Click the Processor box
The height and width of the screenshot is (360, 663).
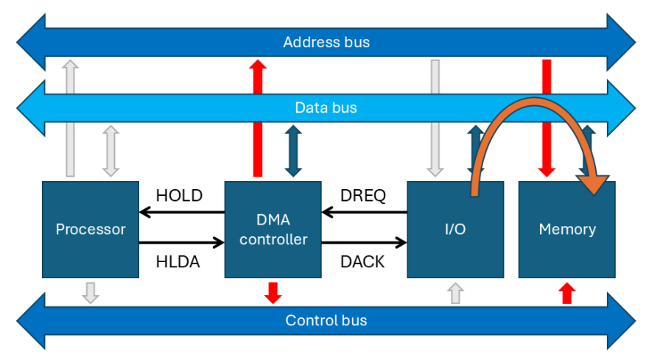click(x=91, y=229)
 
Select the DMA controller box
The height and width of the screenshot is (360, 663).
click(x=273, y=229)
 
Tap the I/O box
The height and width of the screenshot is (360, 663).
click(x=455, y=229)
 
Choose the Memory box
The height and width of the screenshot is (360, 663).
click(x=566, y=229)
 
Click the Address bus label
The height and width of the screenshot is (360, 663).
click(x=326, y=42)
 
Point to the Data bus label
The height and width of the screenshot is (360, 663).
click(x=326, y=107)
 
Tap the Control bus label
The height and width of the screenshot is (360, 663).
click(x=326, y=320)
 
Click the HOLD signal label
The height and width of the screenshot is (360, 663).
click(x=179, y=196)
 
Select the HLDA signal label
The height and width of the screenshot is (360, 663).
click(x=179, y=261)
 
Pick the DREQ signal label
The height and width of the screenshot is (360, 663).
click(x=364, y=196)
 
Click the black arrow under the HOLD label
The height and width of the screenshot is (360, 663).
click(x=181, y=213)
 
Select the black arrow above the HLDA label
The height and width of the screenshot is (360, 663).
click(x=181, y=241)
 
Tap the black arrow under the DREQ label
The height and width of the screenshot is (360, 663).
click(x=365, y=213)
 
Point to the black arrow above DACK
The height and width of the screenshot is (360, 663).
click(x=365, y=241)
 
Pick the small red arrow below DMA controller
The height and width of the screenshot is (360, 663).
click(x=273, y=292)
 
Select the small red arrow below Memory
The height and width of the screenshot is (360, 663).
click(x=566, y=293)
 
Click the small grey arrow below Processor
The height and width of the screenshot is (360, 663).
click(x=91, y=292)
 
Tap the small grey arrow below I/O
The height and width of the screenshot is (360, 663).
click(x=455, y=293)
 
